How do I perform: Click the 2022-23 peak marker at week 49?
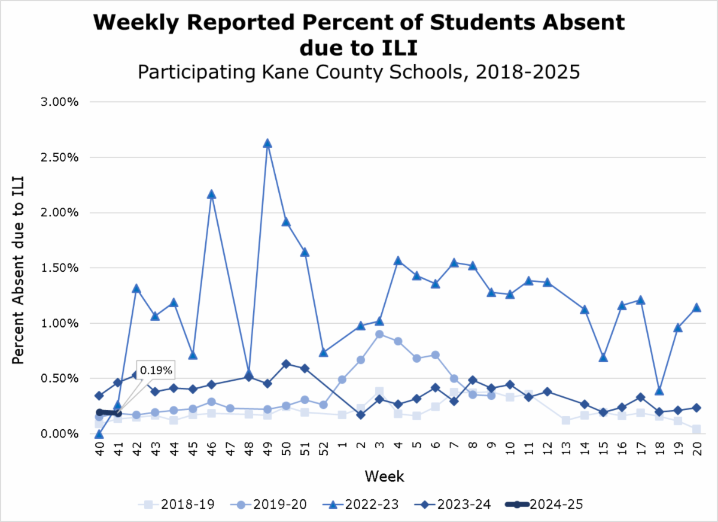(267, 143)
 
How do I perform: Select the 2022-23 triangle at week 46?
(211, 194)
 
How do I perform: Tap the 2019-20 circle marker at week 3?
(379, 334)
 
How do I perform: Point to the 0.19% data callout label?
(156, 371)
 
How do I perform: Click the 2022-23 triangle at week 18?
(659, 390)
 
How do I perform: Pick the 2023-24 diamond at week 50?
(286, 364)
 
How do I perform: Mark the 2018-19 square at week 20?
(696, 429)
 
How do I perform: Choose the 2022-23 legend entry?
(361, 505)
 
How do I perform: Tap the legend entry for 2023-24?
(453, 505)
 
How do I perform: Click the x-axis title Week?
(385, 477)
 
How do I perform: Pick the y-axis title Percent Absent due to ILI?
(19, 268)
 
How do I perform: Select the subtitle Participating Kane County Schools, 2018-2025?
(359, 72)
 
